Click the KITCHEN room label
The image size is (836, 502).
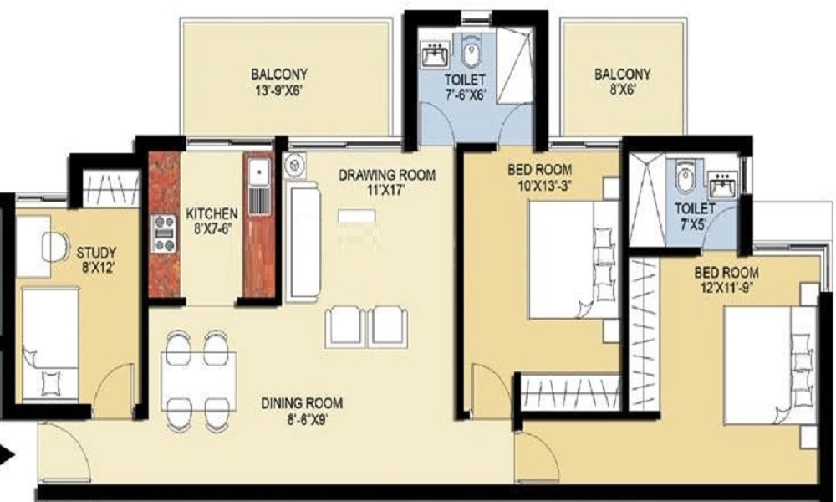212,214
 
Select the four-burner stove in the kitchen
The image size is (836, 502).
164,233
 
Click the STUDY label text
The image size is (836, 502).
96,253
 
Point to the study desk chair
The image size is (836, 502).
57,247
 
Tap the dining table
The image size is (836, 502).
198,381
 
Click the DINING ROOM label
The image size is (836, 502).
302,402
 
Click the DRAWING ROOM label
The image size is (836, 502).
387,175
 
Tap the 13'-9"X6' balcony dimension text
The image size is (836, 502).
279,90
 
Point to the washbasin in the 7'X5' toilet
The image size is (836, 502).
722,185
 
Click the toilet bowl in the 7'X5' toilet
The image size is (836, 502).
686,176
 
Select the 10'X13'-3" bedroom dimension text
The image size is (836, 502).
539,187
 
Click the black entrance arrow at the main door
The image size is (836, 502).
7,455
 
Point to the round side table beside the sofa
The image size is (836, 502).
293,165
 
